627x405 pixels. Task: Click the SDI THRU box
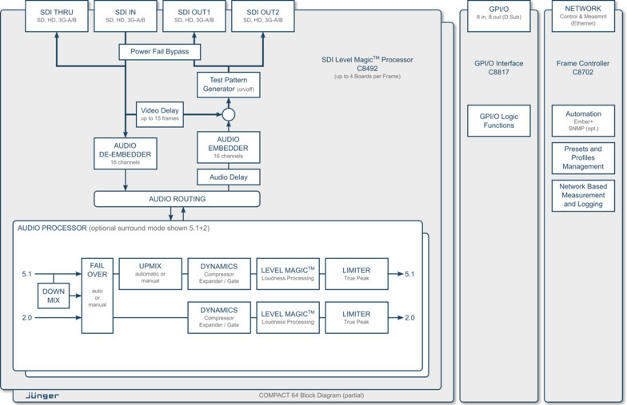tap(56, 16)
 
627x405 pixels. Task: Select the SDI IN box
tap(126, 16)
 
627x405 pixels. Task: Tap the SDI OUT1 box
tap(194, 16)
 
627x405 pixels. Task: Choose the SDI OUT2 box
tap(263, 16)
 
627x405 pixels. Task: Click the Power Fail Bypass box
tap(159, 52)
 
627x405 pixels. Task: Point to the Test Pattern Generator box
tap(228, 84)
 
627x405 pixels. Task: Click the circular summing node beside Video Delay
tap(228, 114)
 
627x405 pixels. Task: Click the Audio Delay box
tap(228, 177)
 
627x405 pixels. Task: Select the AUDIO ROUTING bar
tap(177, 199)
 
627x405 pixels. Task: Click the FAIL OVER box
tap(98, 295)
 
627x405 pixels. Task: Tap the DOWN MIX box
tap(54, 296)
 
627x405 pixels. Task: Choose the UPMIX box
tap(150, 273)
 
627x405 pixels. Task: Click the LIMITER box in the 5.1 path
tap(357, 273)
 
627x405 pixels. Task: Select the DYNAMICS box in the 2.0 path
tap(219, 317)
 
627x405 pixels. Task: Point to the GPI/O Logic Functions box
tap(498, 121)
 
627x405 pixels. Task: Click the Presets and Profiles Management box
tap(583, 157)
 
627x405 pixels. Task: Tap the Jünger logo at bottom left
tap(42, 395)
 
